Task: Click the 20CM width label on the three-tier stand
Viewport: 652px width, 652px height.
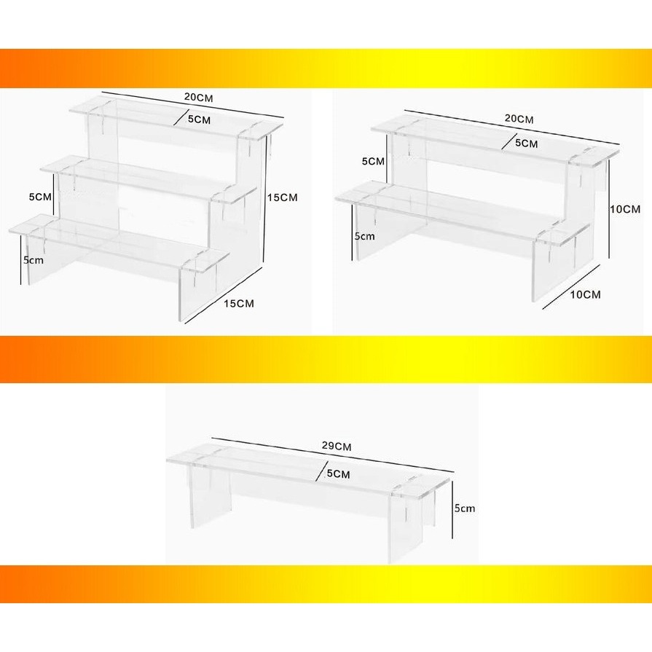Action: (198, 98)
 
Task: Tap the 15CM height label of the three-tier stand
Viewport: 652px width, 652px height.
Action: (283, 197)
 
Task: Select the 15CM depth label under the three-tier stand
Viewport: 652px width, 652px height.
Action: (239, 304)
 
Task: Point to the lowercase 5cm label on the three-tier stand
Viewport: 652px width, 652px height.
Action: (34, 260)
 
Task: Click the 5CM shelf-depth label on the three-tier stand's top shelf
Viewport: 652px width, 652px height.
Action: (199, 119)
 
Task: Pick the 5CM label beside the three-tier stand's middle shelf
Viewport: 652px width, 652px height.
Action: (40, 197)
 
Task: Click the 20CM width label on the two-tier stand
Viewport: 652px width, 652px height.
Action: (519, 119)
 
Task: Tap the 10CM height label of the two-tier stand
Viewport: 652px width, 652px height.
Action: (625, 209)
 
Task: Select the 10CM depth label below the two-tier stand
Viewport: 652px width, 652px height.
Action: (586, 295)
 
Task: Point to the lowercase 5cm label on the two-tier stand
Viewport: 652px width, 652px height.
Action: (365, 236)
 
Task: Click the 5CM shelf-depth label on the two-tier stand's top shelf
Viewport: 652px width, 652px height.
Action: (527, 144)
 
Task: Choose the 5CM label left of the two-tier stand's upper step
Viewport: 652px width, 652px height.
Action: (373, 161)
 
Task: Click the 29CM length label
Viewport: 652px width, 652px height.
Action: (337, 446)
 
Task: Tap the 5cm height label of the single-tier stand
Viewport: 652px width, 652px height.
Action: (465, 508)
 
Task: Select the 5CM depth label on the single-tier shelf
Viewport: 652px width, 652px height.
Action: (339, 474)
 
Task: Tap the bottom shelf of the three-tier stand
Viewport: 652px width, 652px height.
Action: (119, 243)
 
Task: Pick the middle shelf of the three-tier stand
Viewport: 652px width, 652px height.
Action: (149, 180)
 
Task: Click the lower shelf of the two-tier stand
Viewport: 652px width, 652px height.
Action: (463, 213)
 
